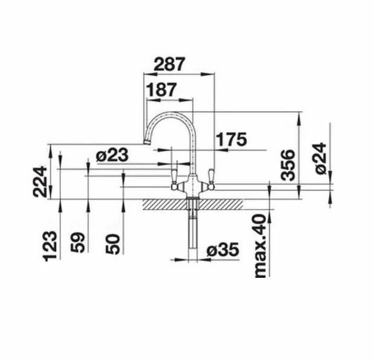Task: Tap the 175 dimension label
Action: click(x=232, y=140)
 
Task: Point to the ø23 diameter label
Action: click(x=112, y=155)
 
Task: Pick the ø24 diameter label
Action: click(x=320, y=159)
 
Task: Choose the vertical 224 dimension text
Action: click(x=40, y=181)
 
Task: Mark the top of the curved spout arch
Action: click(x=172, y=113)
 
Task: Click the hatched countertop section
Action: click(x=163, y=204)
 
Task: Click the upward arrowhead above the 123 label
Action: click(x=60, y=205)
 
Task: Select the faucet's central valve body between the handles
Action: click(x=192, y=185)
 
